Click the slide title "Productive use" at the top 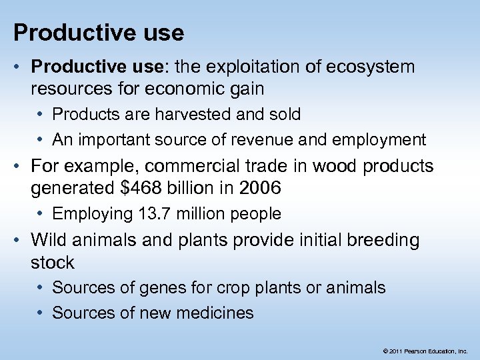[x=99, y=32]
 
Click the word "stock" [x=53, y=263]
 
